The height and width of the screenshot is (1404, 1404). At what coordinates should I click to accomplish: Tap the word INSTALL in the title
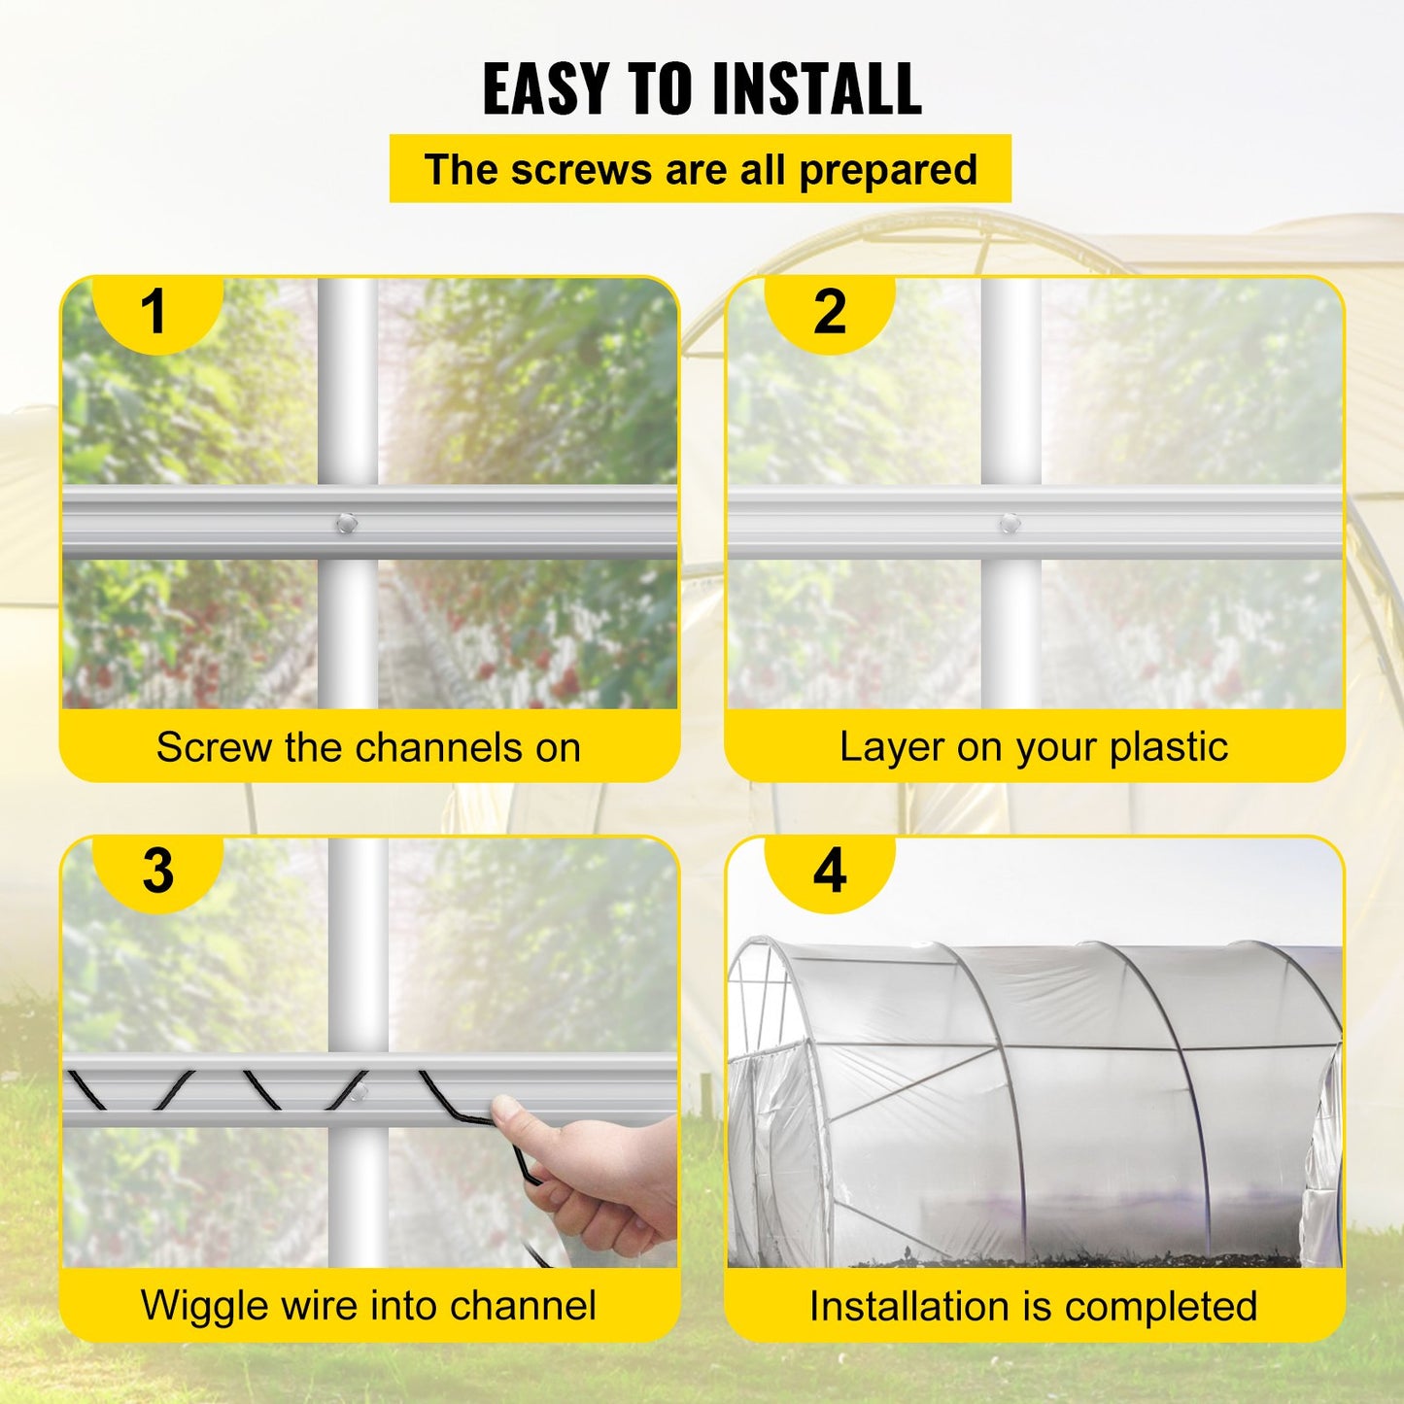point(816,89)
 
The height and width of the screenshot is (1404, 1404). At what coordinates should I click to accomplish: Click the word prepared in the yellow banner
point(887,170)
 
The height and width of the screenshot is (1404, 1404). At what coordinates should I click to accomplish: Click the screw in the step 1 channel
point(346,524)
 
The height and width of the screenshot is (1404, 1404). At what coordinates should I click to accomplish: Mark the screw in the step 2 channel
point(1010,524)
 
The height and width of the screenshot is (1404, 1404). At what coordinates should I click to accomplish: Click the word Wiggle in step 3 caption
point(203,1307)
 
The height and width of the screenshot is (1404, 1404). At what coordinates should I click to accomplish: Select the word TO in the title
point(664,89)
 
